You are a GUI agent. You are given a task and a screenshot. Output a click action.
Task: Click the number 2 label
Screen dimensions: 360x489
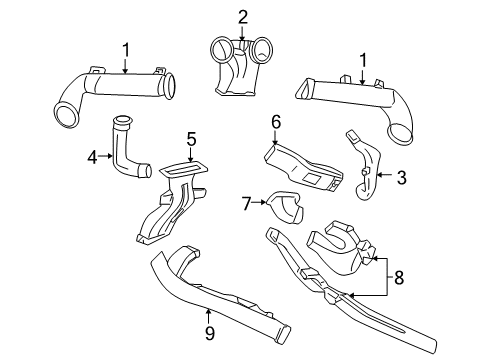point(242,16)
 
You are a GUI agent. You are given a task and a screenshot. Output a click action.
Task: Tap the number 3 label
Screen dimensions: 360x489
point(401,178)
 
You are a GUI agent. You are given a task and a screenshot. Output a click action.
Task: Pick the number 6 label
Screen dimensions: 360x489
point(276,121)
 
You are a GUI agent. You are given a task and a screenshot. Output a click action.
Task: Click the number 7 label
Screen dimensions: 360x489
point(246,204)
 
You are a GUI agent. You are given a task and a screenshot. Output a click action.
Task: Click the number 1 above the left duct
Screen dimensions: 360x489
point(125,48)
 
